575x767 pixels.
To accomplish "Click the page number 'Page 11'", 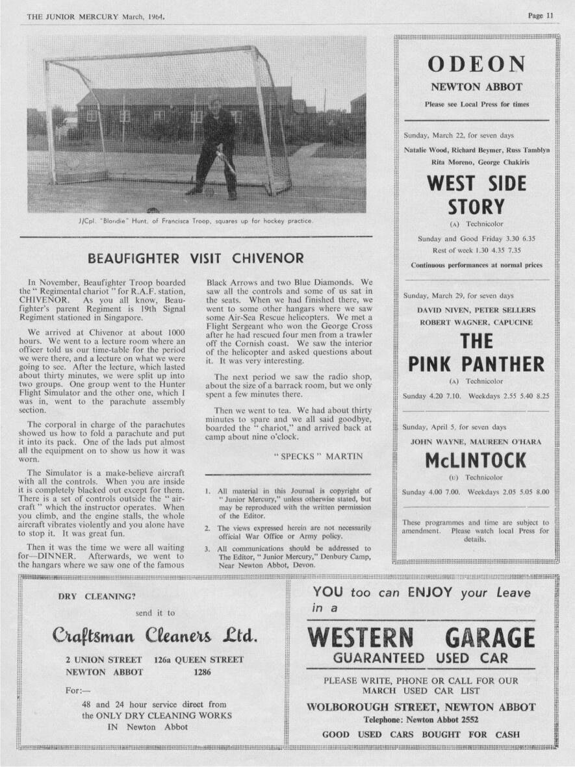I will tap(541, 16).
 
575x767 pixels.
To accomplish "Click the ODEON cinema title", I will tap(476, 64).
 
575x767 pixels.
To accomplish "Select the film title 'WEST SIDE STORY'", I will tap(476, 195).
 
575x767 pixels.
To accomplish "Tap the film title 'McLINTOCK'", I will tap(476, 460).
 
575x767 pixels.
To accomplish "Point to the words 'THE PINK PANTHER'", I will tap(476, 353).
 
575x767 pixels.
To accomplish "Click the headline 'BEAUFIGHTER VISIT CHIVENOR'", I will tap(195, 258).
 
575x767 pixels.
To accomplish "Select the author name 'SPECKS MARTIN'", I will tap(318, 456).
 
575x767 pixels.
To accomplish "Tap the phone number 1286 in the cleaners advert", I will tap(203, 672).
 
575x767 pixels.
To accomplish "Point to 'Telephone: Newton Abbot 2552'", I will tap(420, 720).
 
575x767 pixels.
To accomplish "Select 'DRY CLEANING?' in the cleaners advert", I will tap(97, 596).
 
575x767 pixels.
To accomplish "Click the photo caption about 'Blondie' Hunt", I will tap(195, 221).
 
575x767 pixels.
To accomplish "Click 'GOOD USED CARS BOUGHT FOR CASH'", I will tap(420, 735).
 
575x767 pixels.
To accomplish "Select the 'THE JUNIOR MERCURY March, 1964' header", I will tap(96, 16).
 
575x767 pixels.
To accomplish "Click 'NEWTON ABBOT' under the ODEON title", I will tap(476, 87).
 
